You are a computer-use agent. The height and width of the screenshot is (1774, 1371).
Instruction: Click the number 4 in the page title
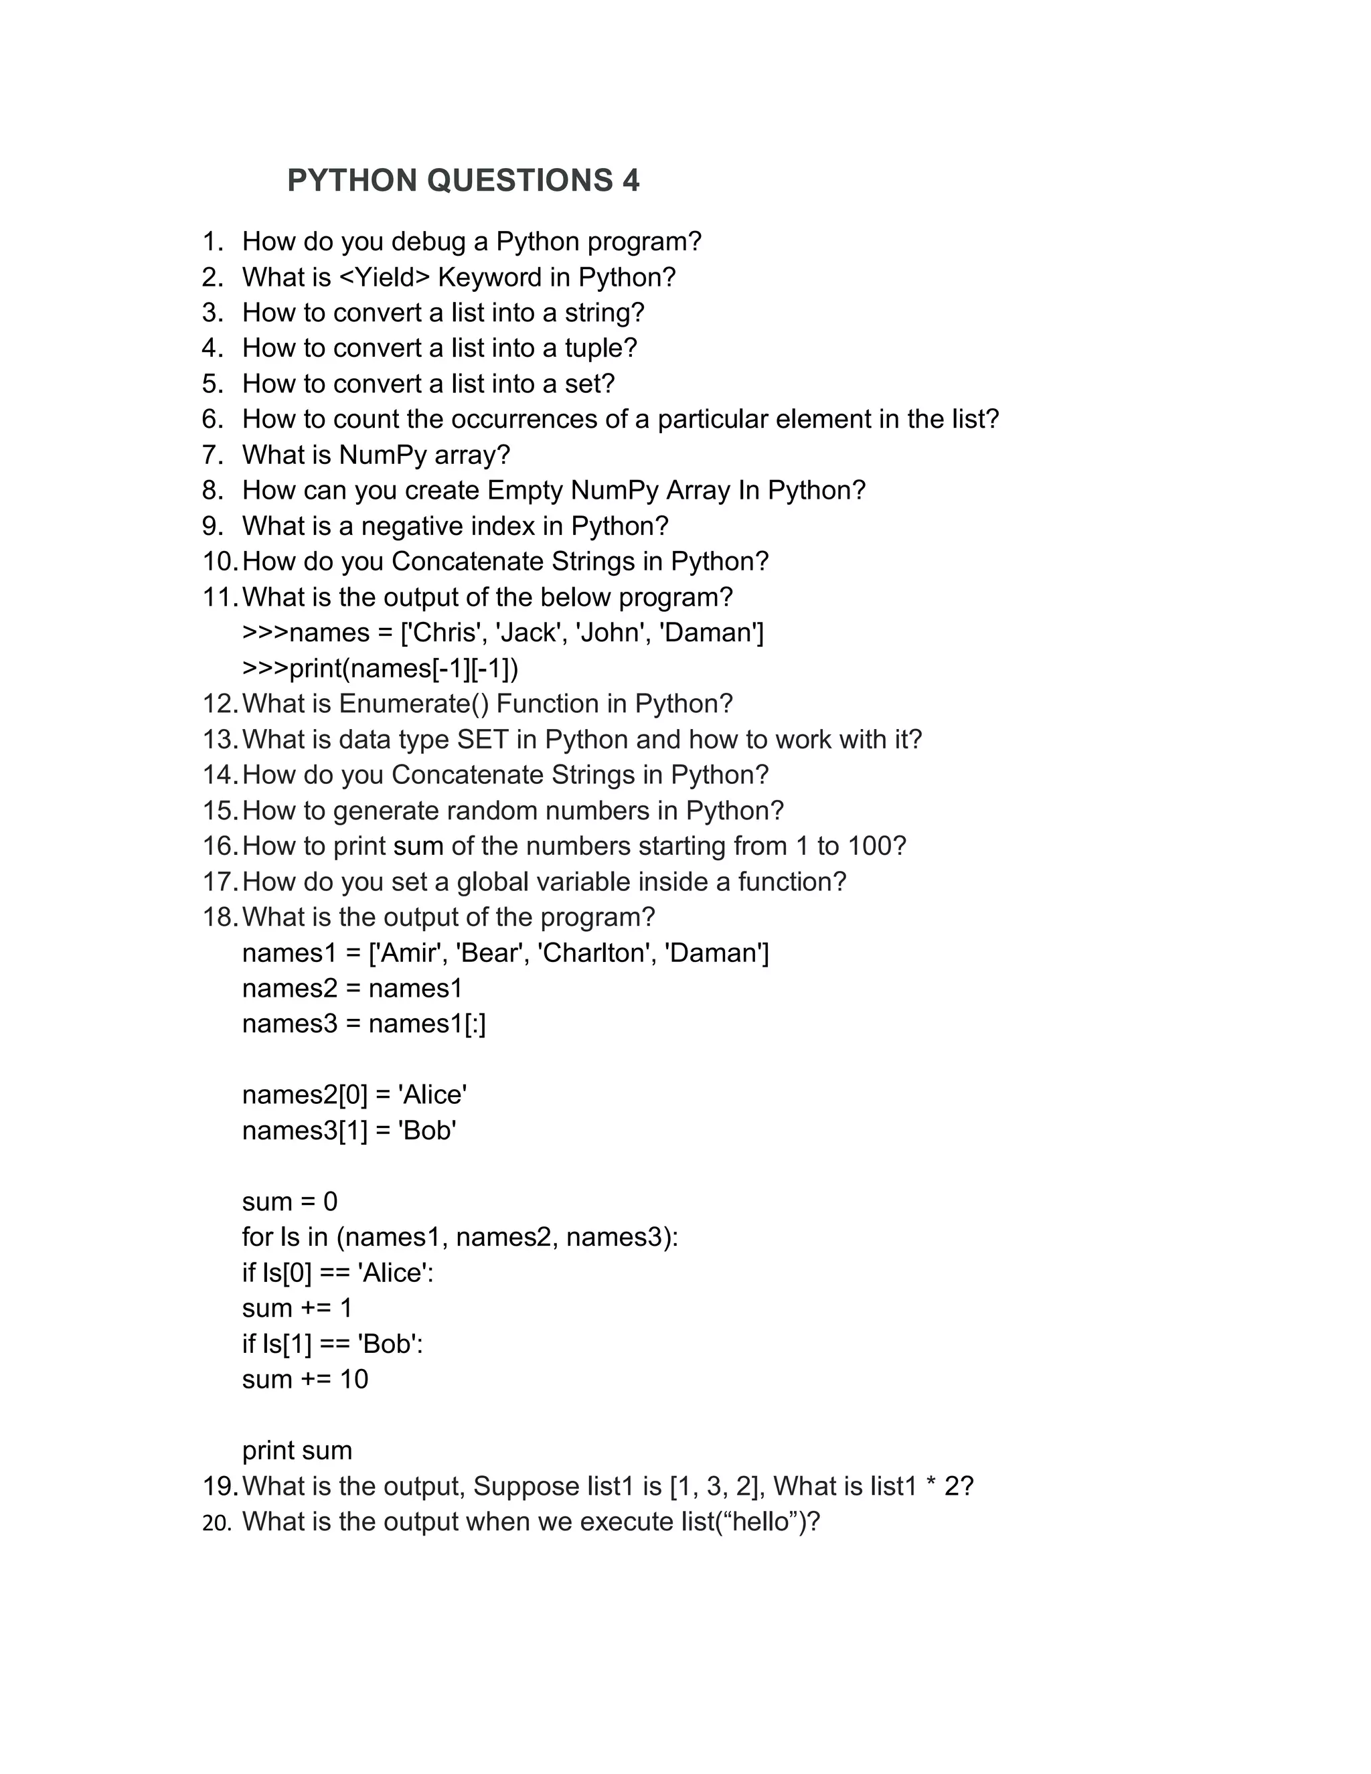(x=631, y=180)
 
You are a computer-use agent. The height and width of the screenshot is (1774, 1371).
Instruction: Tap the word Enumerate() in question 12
(x=414, y=704)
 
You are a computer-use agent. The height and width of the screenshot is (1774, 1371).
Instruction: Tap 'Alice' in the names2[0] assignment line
(x=432, y=1095)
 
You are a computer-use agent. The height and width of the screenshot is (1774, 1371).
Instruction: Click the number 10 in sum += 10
(x=353, y=1379)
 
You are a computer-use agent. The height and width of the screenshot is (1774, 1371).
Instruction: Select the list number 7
(x=212, y=455)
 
